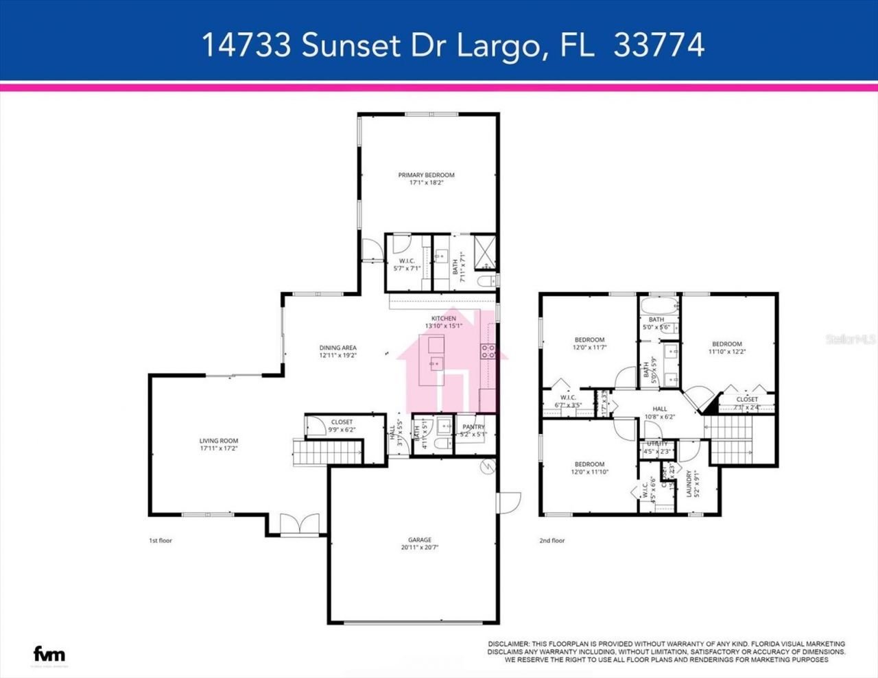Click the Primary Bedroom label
tap(426, 175)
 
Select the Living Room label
tap(219, 441)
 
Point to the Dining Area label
tap(337, 348)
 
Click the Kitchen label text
tap(443, 318)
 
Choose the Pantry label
tap(473, 426)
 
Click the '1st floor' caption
tap(161, 541)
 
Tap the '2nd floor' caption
tap(551, 541)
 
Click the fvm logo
tap(49, 653)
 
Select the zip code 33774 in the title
tap(658, 45)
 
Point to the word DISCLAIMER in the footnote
tap(508, 644)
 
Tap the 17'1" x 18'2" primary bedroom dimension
tap(426, 183)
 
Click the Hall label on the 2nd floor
tap(659, 409)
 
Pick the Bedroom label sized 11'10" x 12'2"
tap(726, 344)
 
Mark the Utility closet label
tap(657, 444)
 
